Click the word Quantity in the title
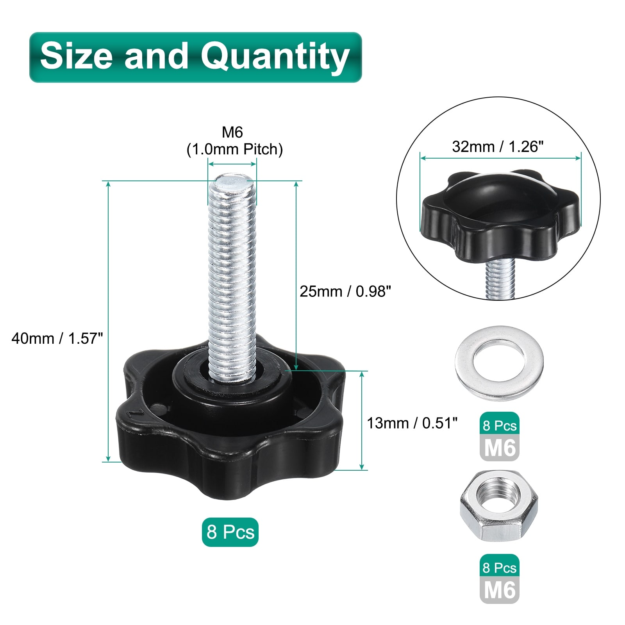click(x=275, y=57)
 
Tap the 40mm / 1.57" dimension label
click(x=57, y=338)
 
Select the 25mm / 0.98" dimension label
click(x=345, y=291)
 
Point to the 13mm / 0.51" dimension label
click(x=412, y=423)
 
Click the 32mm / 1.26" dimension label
click(x=498, y=147)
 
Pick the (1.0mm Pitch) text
click(x=234, y=149)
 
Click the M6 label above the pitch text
click(x=232, y=132)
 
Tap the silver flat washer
click(x=499, y=363)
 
